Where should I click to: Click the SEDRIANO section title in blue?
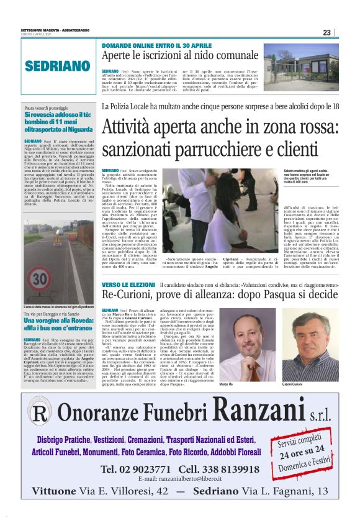point(58,66)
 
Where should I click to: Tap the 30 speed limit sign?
point(40,277)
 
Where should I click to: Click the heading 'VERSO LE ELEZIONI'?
point(128,284)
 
